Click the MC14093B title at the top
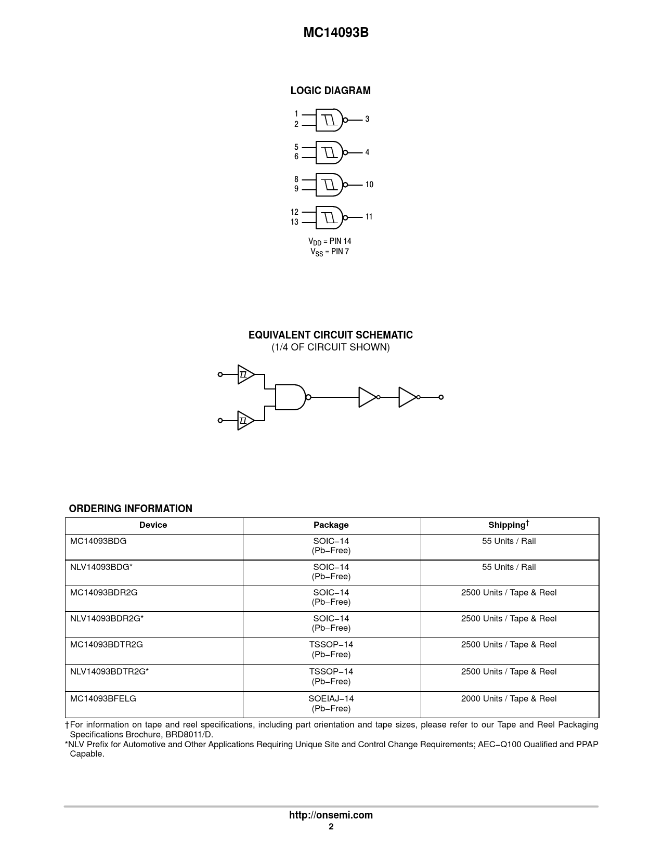[x=336, y=33]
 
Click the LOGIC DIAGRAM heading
[x=331, y=90]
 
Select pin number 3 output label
[x=367, y=119]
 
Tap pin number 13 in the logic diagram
[x=295, y=222]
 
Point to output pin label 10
[x=369, y=185]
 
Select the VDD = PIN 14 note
[x=330, y=241]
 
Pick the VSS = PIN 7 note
[x=330, y=252]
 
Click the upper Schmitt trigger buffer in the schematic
[x=245, y=374]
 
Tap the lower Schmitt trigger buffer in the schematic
[x=245, y=420]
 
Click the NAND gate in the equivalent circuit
[x=290, y=397]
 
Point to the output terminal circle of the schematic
[x=441, y=397]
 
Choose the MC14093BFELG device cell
[x=103, y=698]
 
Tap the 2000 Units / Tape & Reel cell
[x=509, y=698]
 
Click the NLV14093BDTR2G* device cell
[x=110, y=671]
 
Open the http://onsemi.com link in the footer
[x=331, y=815]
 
